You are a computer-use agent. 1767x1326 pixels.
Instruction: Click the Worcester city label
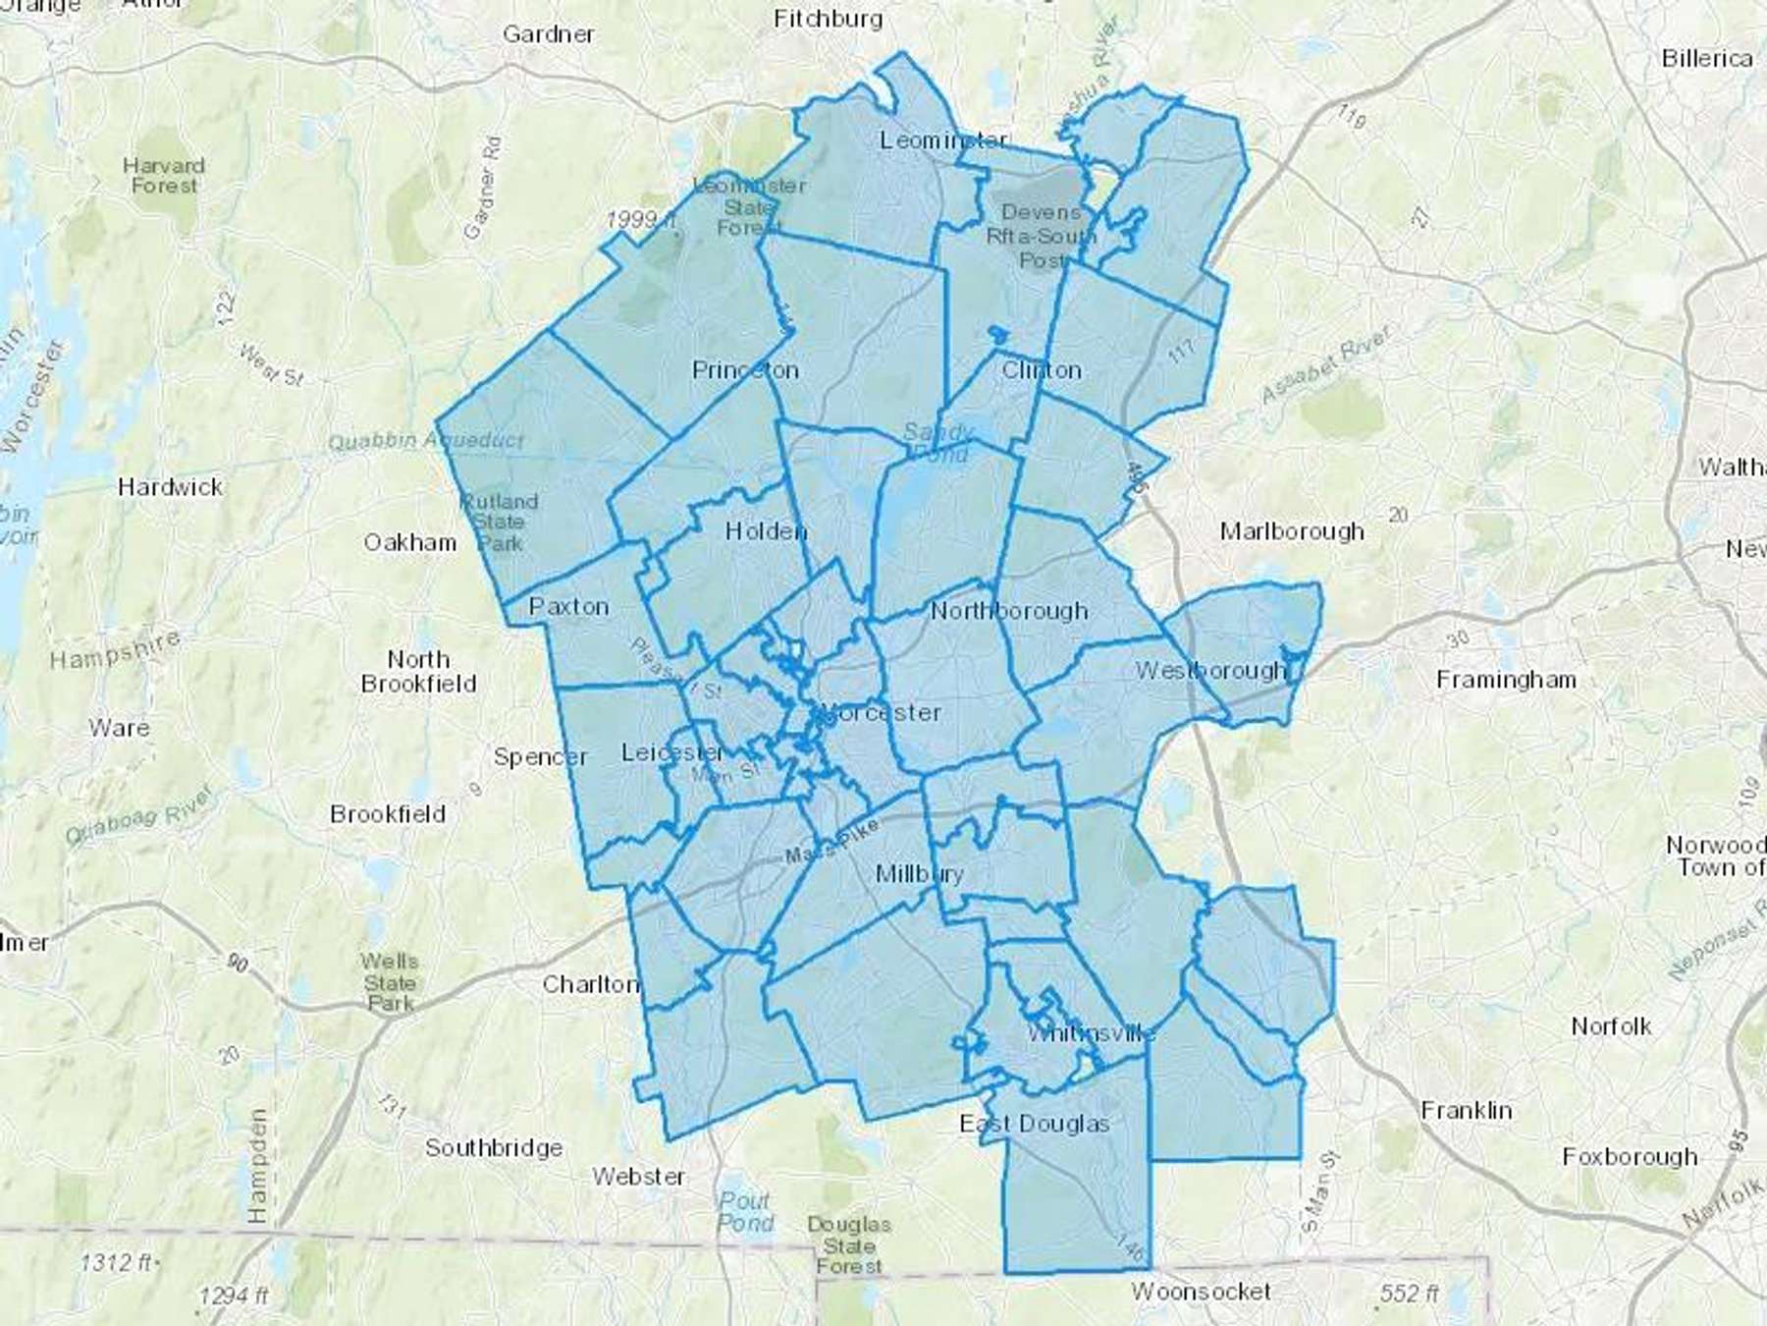point(880,712)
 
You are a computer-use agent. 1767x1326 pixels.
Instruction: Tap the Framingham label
point(1506,680)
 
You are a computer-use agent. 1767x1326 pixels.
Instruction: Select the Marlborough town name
point(1292,531)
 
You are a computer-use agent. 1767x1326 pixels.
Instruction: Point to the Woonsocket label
point(1201,1291)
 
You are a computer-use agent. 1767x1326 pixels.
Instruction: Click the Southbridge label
point(494,1147)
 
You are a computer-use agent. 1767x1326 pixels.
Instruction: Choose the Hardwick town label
point(170,486)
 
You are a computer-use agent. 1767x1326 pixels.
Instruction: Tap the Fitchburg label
point(828,19)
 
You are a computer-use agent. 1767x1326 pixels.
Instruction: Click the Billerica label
point(1707,59)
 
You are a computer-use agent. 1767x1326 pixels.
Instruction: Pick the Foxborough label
point(1630,1156)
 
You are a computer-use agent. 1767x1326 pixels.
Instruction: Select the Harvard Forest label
point(164,175)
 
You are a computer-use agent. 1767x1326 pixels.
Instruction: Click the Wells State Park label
point(390,982)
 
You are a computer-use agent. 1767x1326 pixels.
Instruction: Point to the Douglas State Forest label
point(849,1245)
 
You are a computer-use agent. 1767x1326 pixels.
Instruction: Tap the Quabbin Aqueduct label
point(426,442)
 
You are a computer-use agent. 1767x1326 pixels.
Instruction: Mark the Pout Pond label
point(745,1212)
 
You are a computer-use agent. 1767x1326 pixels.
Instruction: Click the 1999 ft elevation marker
point(640,220)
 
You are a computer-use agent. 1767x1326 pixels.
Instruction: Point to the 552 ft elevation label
point(1409,1294)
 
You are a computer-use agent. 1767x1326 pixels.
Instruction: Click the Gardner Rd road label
point(482,188)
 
